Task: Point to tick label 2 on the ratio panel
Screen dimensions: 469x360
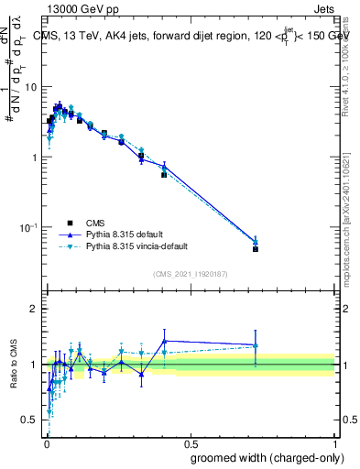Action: click(34, 310)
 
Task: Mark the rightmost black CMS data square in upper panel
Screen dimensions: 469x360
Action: click(256, 249)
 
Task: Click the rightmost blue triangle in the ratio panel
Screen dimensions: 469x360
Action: click(256, 345)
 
